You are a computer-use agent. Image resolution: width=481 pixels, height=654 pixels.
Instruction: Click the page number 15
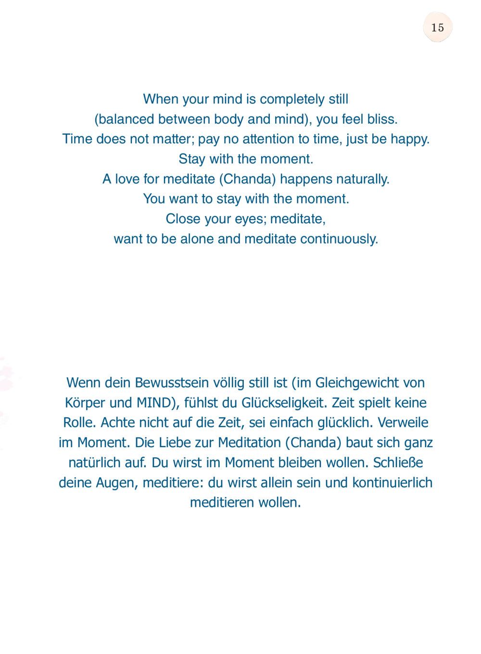point(437,27)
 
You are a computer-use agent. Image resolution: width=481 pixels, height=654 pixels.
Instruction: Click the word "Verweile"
point(403,423)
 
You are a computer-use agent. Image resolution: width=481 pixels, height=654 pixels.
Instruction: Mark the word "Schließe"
point(398,462)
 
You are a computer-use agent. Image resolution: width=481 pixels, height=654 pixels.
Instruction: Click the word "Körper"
point(85,403)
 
